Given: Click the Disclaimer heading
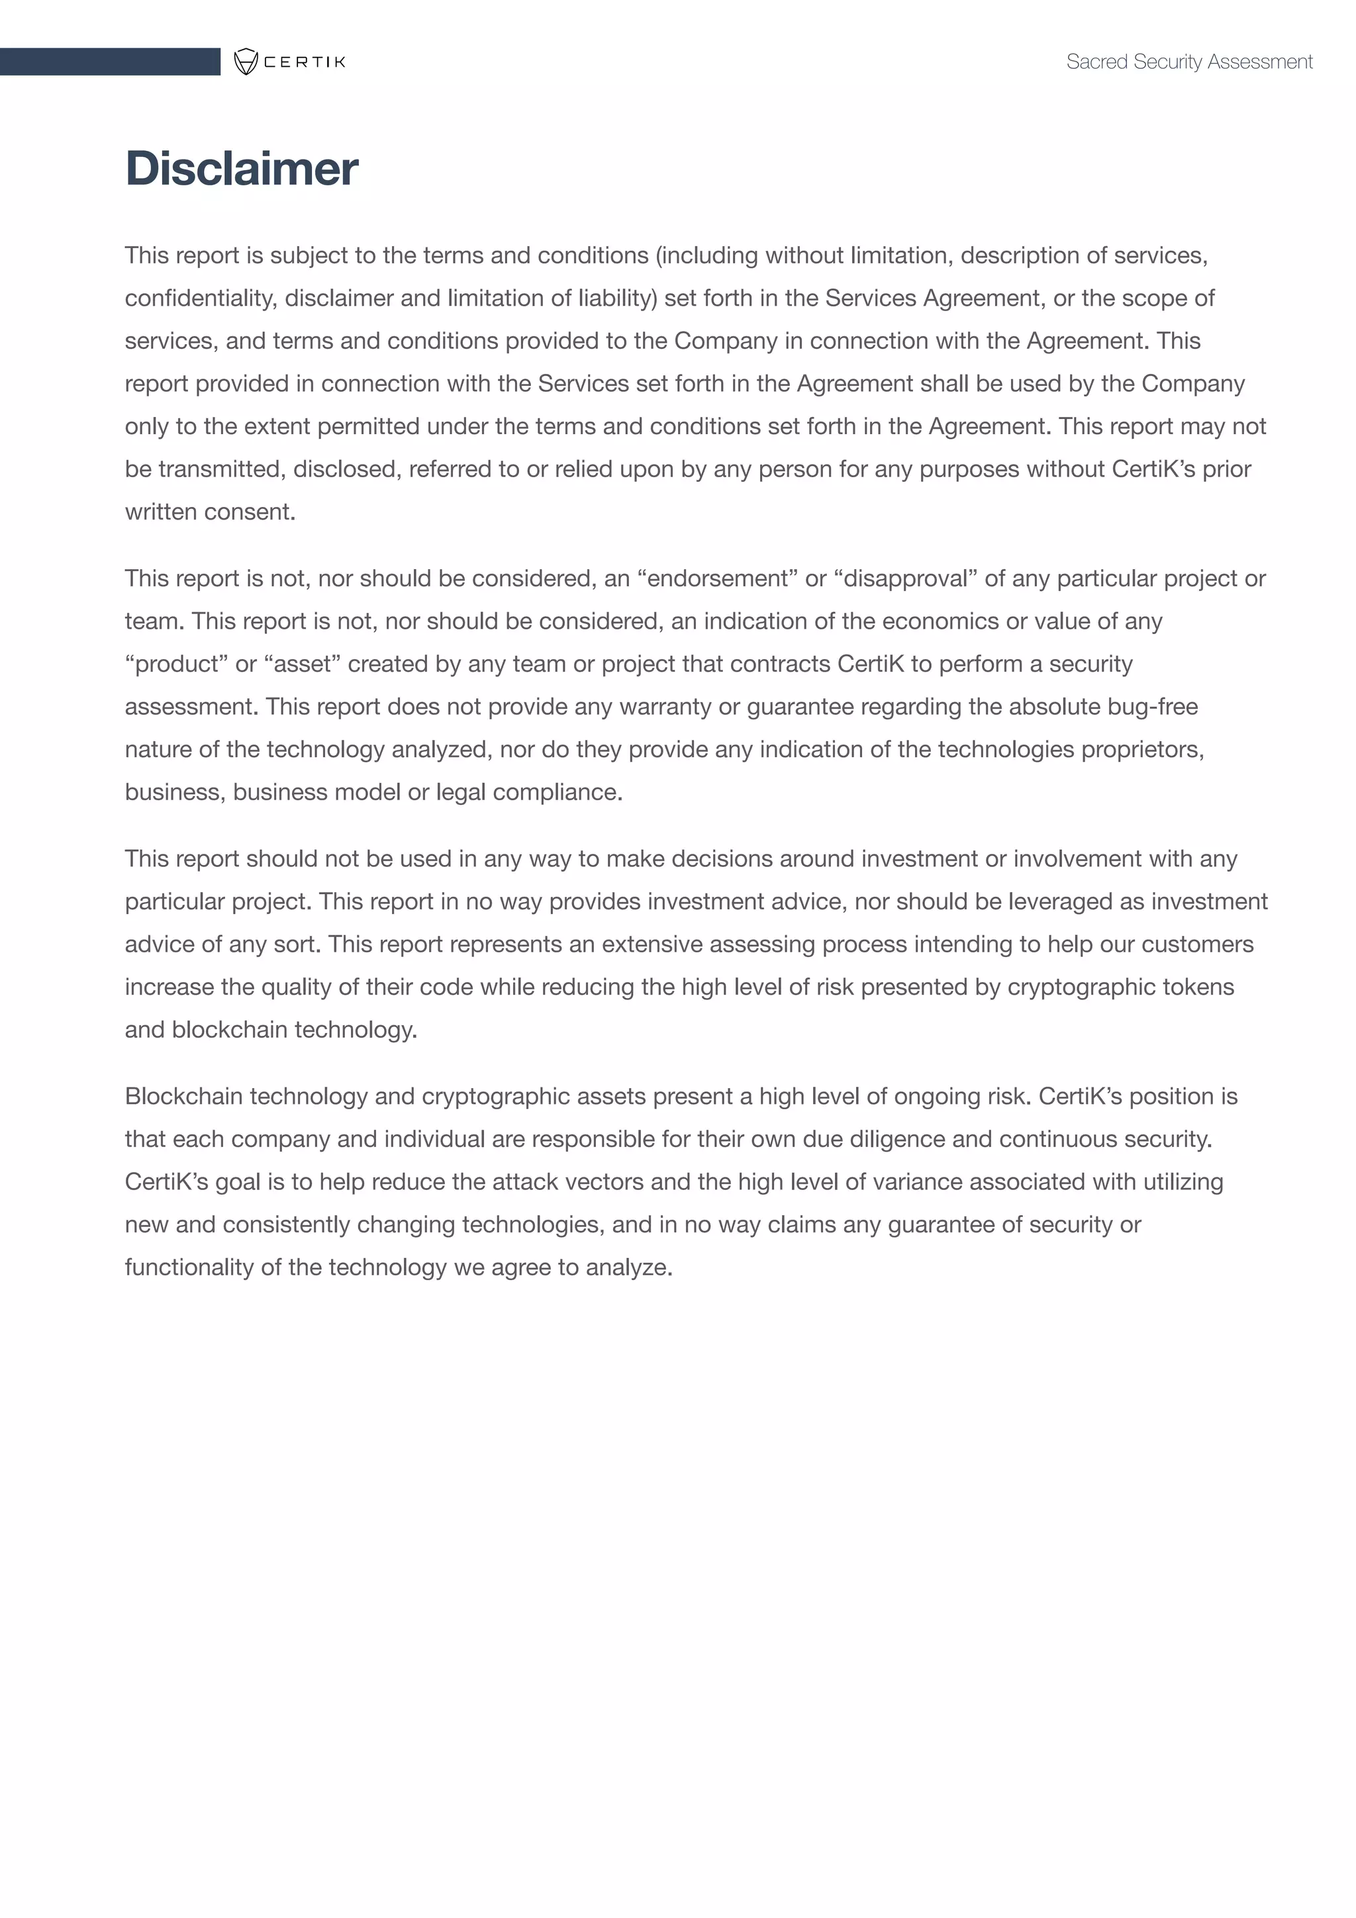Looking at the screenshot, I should click(x=242, y=169).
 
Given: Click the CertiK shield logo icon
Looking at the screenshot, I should click(x=246, y=62).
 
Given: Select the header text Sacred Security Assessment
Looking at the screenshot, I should click(x=1189, y=62).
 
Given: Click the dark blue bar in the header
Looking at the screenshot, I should click(x=109, y=62).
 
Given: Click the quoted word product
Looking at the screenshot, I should click(x=176, y=664).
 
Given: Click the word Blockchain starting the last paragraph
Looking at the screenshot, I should click(x=184, y=1096).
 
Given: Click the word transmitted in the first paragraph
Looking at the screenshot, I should click(x=221, y=469).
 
